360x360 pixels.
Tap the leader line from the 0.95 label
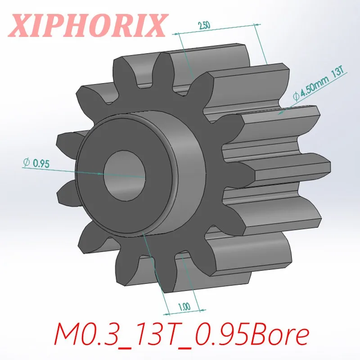[x=67, y=169]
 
